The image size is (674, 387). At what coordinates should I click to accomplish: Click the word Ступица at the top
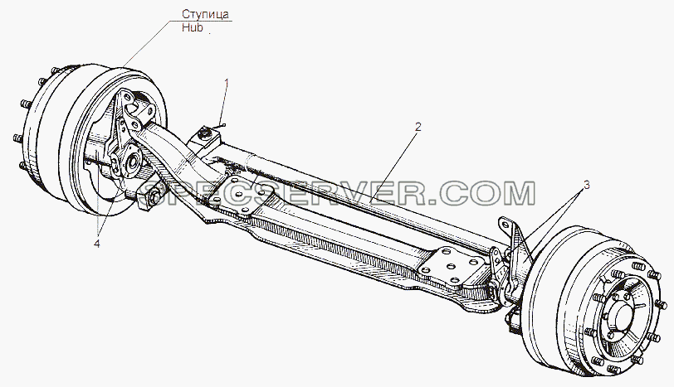[x=205, y=14]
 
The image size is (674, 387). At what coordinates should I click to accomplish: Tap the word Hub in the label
[x=192, y=28]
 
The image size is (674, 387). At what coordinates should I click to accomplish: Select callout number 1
[x=227, y=85]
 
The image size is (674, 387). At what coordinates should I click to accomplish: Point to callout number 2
[x=418, y=127]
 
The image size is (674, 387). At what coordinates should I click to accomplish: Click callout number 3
[x=586, y=186]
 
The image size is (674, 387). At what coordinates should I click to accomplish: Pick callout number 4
[x=97, y=244]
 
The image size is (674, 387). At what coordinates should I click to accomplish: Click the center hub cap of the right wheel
[x=624, y=317]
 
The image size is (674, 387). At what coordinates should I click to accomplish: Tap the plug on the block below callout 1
[x=203, y=136]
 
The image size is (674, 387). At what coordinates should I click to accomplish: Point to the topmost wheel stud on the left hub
[x=55, y=70]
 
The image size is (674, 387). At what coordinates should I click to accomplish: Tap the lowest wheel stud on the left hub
[x=22, y=165]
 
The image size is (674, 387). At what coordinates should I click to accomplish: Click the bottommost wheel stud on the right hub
[x=615, y=368]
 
